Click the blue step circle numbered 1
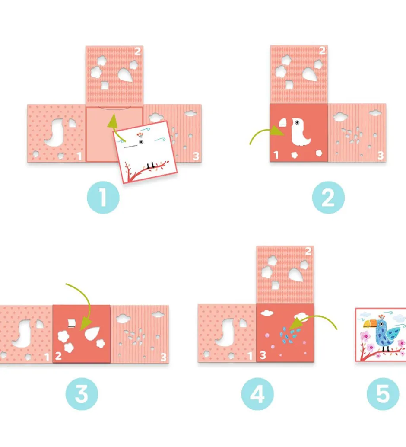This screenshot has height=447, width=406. click(103, 197)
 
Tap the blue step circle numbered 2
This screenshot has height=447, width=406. click(328, 197)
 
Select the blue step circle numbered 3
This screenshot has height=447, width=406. click(82, 394)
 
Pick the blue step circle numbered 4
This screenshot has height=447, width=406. click(257, 394)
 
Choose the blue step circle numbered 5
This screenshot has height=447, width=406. click(383, 394)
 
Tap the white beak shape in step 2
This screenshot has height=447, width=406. click(282, 123)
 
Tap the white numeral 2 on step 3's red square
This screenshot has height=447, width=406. click(58, 356)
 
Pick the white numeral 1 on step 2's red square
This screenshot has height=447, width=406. click(276, 155)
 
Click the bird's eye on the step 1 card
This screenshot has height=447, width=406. click(141, 142)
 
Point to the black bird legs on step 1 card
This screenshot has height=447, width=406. click(150, 165)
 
